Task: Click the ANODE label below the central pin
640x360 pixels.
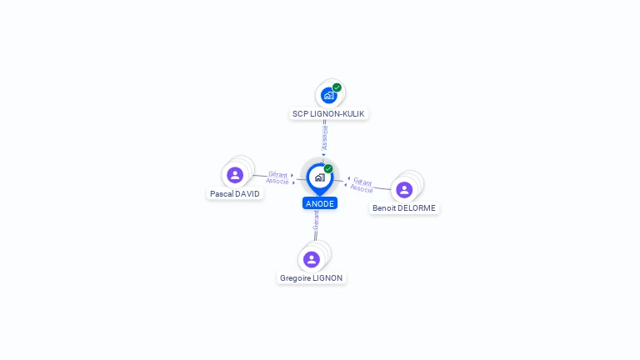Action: click(320, 203)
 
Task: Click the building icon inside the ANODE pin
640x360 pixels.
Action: click(320, 177)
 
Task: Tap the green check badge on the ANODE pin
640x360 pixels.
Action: click(328, 169)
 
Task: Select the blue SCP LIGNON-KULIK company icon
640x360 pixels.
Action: click(328, 96)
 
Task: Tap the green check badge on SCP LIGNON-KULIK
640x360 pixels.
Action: click(337, 87)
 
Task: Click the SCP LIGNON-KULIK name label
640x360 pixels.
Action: click(328, 113)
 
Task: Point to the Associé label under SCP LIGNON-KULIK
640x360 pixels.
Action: click(325, 137)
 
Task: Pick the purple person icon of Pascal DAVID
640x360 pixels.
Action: click(235, 175)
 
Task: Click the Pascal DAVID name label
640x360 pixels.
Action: click(235, 194)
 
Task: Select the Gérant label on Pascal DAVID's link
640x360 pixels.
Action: click(278, 174)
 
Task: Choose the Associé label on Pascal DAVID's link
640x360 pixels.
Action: click(277, 181)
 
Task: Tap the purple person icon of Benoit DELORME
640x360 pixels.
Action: click(404, 189)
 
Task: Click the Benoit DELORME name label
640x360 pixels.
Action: click(404, 208)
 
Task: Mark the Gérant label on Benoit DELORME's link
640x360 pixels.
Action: click(362, 181)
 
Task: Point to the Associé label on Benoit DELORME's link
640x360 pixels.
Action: click(362, 188)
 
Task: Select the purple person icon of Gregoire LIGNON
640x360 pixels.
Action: click(312, 259)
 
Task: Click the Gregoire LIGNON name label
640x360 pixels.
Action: click(312, 278)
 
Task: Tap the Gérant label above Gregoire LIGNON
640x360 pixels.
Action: click(316, 221)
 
